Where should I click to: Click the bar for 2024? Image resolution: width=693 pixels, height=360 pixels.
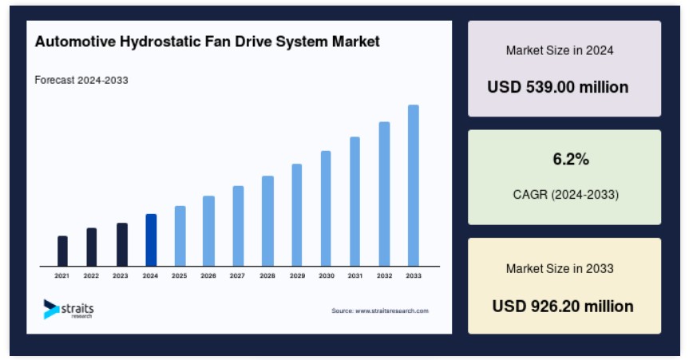tap(151, 239)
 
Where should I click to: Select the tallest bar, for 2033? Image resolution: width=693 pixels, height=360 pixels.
tap(414, 185)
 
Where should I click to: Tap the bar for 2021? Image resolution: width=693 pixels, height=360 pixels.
tap(63, 251)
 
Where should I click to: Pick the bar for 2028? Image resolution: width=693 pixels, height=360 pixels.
tap(267, 221)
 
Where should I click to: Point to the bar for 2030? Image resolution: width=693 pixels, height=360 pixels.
tap(326, 208)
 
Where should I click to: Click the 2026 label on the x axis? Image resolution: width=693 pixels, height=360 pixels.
tap(208, 275)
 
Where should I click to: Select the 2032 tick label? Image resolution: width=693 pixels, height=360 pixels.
tap(384, 275)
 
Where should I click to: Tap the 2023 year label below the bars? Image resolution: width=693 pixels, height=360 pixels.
tap(121, 275)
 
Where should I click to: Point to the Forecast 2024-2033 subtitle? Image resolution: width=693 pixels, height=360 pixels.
tap(81, 80)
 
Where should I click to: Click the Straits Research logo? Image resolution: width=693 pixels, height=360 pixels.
tap(69, 309)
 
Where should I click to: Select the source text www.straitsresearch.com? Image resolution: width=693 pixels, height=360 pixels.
tap(391, 311)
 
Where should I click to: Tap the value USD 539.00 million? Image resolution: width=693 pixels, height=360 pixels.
tap(558, 87)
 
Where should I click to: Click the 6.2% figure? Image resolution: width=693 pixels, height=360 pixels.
tap(571, 159)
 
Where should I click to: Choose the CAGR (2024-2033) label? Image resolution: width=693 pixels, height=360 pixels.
tap(566, 194)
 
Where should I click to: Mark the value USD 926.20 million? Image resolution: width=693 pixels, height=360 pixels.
tap(563, 306)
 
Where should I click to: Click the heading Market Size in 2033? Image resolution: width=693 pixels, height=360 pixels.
tap(560, 268)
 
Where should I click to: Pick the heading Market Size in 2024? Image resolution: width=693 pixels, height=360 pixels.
tap(560, 50)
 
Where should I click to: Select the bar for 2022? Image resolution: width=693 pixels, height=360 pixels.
tap(92, 247)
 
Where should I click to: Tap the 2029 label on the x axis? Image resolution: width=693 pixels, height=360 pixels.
tap(297, 275)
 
